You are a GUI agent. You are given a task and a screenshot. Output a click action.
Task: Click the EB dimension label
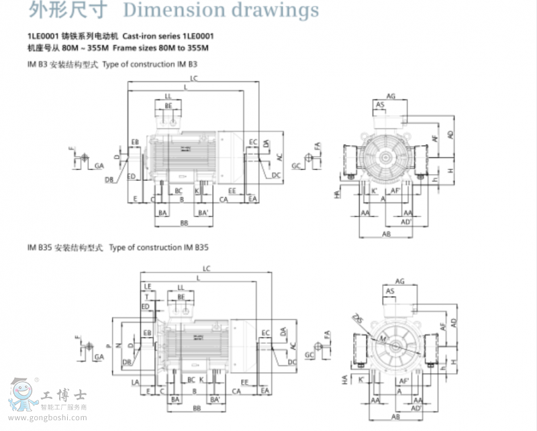tap(135, 143)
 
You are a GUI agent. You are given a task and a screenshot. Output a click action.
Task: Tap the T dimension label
tap(147, 296)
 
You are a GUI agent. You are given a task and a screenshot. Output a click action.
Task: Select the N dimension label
tap(119, 345)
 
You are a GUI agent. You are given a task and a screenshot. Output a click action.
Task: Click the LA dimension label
tap(136, 383)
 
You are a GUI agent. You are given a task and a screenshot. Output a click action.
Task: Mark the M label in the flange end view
tap(383, 337)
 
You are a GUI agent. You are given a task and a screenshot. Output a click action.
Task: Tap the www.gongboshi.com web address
tap(57, 418)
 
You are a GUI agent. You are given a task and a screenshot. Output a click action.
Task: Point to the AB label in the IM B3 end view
tap(387, 233)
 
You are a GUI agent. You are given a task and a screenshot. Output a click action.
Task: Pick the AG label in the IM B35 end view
tap(400, 280)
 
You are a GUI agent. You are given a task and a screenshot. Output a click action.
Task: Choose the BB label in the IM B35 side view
tap(197, 408)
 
